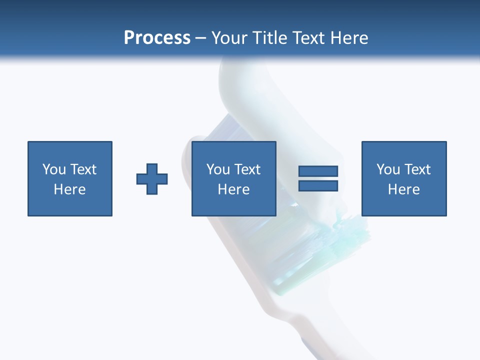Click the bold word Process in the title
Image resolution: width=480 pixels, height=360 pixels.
point(157,38)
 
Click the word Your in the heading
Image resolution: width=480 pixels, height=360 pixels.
point(229,38)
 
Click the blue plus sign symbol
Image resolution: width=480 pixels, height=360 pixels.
point(152,179)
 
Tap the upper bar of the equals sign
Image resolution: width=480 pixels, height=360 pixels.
point(318,171)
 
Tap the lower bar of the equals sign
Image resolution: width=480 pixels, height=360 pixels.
point(318,185)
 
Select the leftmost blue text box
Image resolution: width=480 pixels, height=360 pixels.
point(70,178)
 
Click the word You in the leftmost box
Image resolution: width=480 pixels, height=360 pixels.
point(54,169)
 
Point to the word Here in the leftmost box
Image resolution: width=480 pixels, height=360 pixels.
point(70,189)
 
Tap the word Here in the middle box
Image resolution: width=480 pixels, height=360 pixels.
point(233,189)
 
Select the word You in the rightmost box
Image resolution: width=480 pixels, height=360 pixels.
point(388,169)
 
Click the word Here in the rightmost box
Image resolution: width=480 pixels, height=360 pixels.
point(403,189)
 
